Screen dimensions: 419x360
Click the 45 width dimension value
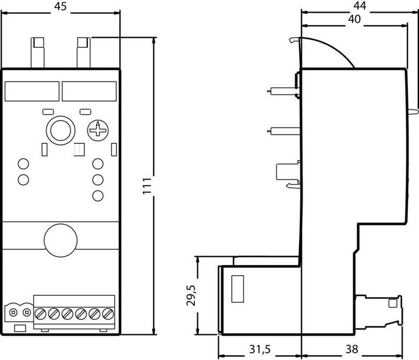click(x=60, y=6)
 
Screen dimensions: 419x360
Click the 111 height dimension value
click(x=147, y=186)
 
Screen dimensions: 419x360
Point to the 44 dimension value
click(x=360, y=6)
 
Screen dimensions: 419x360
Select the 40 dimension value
click(x=354, y=19)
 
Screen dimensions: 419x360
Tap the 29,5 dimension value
click(x=191, y=295)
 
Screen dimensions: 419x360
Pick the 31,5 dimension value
click(x=260, y=349)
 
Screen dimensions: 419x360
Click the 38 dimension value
click(x=351, y=349)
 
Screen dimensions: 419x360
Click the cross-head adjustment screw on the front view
click(x=98, y=130)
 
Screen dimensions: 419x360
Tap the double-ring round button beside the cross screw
click(x=61, y=130)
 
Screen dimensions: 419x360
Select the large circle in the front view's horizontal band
click(x=61, y=240)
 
